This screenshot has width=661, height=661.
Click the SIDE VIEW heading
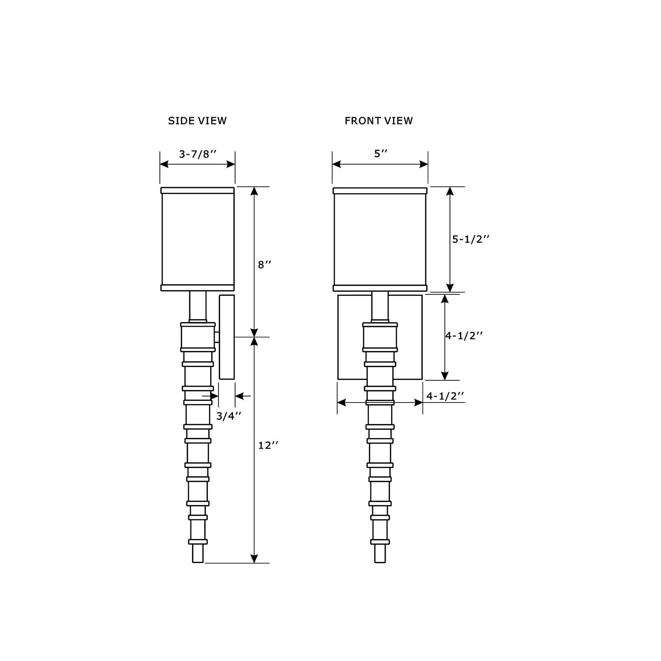pyautogui.click(x=197, y=121)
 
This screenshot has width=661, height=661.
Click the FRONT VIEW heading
pyautogui.click(x=379, y=121)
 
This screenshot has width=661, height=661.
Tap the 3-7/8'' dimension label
pyautogui.click(x=198, y=154)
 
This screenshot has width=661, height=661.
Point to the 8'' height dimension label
pyautogui.click(x=265, y=265)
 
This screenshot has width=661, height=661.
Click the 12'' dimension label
pyautogui.click(x=268, y=445)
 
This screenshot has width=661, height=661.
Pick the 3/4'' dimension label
pyautogui.click(x=229, y=416)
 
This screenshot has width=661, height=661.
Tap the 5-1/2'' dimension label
pyautogui.click(x=471, y=239)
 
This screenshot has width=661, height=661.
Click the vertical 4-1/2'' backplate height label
pyautogui.click(x=464, y=336)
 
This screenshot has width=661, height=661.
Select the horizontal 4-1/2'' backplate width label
pyautogui.click(x=445, y=396)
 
